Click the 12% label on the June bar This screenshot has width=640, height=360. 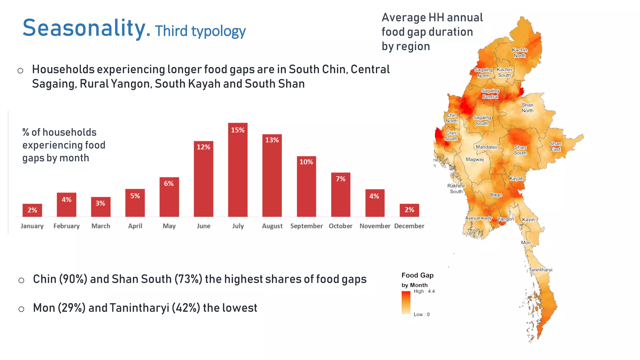click(203, 147)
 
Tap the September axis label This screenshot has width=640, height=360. click(306, 226)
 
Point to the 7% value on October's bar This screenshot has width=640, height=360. click(341, 179)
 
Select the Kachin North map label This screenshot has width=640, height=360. click(519, 53)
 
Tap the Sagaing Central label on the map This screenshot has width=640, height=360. click(490, 94)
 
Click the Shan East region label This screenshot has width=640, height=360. click(555, 147)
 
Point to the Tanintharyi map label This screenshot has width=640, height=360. click(540, 270)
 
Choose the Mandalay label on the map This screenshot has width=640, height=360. click(486, 147)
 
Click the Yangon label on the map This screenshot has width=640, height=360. click(506, 219)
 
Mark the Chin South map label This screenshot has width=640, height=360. click(451, 136)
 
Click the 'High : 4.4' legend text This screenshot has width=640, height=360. click(424, 291)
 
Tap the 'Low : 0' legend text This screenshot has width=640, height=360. click(422, 314)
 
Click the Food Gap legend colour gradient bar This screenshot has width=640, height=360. click(406, 302)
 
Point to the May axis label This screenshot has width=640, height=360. click(169, 226)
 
